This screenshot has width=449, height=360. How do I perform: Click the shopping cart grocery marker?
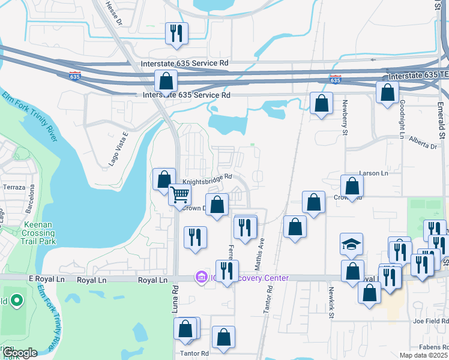pyautogui.click(x=179, y=195)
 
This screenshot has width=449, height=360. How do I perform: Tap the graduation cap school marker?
pyautogui.click(x=351, y=244)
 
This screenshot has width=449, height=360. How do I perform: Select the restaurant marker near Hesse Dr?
pyautogui.click(x=176, y=34)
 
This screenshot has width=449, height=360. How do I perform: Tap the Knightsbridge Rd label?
pyautogui.click(x=207, y=179)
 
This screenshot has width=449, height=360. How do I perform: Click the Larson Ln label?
pyautogui.click(x=373, y=173)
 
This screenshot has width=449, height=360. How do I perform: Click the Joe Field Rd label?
pyautogui.click(x=430, y=321)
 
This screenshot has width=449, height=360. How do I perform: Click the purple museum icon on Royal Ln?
pyautogui.click(x=200, y=277)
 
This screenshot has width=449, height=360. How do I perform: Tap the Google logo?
pyautogui.click(x=19, y=353)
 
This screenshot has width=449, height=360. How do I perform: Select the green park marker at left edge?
pyautogui.click(x=16, y=300)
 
